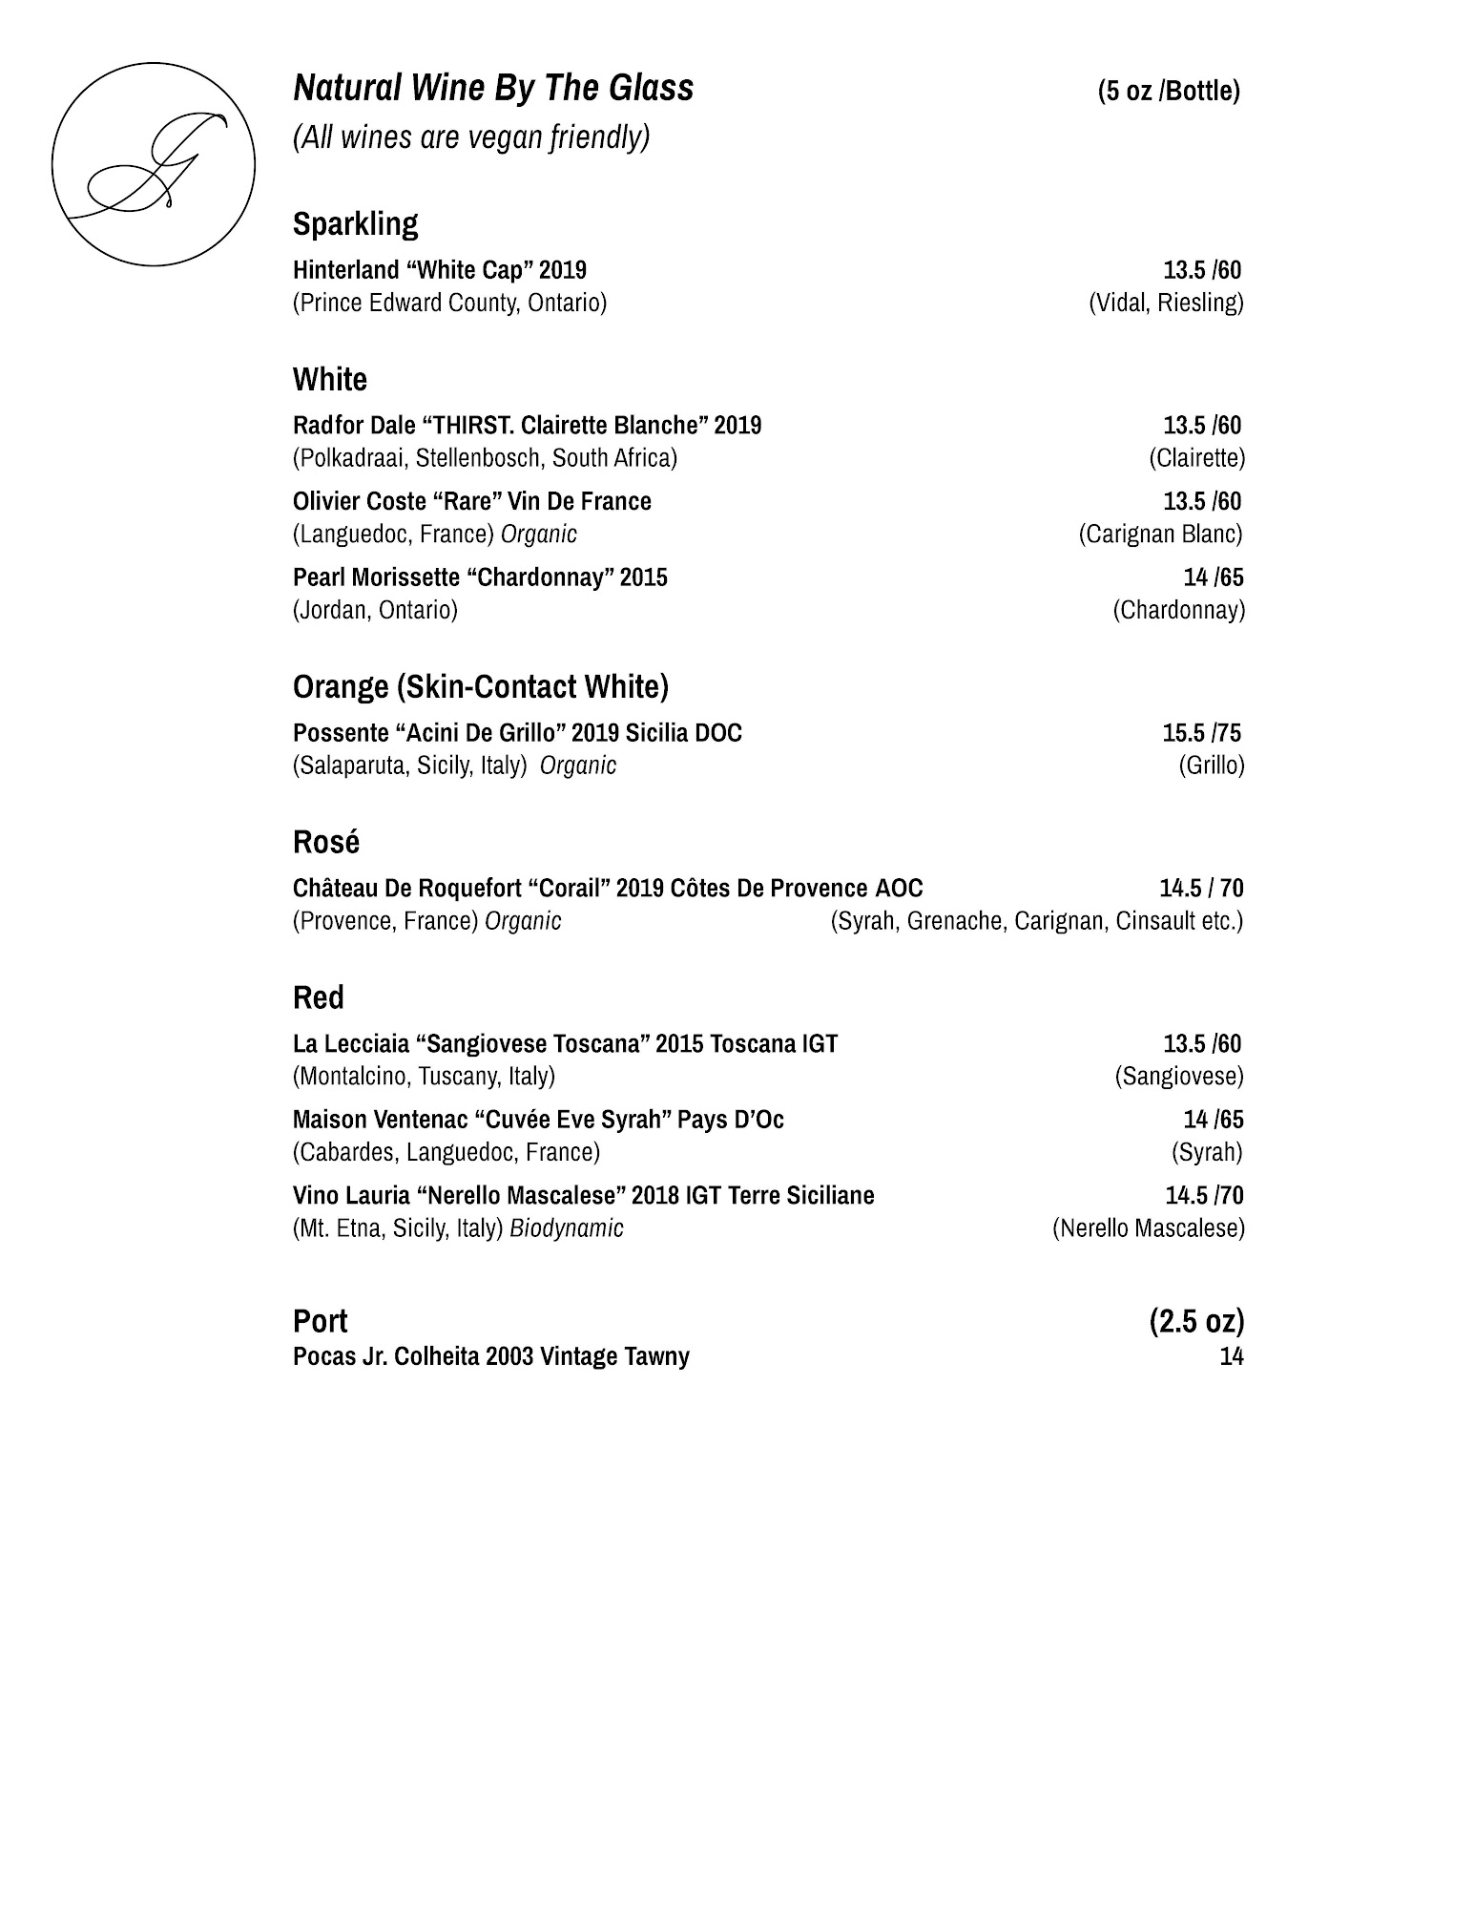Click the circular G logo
click(153, 164)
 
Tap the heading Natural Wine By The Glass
click(493, 89)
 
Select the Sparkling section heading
click(355, 224)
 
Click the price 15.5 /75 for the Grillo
click(1201, 733)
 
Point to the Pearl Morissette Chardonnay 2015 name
click(480, 577)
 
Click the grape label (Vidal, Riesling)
click(1166, 304)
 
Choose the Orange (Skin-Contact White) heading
click(480, 687)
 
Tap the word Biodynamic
click(567, 1228)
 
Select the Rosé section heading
click(325, 843)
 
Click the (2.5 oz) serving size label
click(1196, 1322)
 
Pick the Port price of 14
click(1231, 1356)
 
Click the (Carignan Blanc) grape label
click(1160, 535)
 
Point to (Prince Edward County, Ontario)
click(449, 304)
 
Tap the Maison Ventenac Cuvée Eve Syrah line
click(538, 1120)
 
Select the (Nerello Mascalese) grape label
click(1148, 1228)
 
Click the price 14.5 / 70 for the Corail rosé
click(1201, 889)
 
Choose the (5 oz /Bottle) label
click(1169, 92)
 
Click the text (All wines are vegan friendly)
click(471, 138)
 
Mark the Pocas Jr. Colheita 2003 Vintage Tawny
click(490, 1356)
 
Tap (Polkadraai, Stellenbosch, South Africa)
click(485, 458)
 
